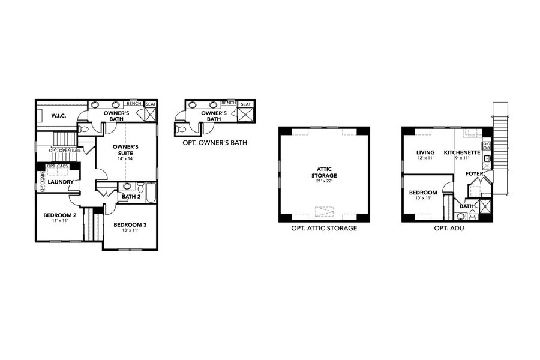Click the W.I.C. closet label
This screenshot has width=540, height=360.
[x=58, y=115]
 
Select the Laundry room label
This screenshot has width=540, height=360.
[x=61, y=182]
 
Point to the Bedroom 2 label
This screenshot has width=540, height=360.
[x=59, y=215]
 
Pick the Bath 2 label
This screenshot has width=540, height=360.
[x=130, y=196]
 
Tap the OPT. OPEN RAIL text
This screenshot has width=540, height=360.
[x=65, y=151]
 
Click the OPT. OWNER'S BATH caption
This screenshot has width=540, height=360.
[x=215, y=143]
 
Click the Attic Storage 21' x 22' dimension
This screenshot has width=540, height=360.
[x=323, y=182]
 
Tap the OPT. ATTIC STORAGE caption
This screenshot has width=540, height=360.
[x=323, y=229]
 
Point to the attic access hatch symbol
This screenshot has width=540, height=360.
[x=323, y=211]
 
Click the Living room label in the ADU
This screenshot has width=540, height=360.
[x=425, y=152]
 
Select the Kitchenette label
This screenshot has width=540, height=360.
[x=461, y=152]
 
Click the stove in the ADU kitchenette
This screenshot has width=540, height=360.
[x=487, y=145]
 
